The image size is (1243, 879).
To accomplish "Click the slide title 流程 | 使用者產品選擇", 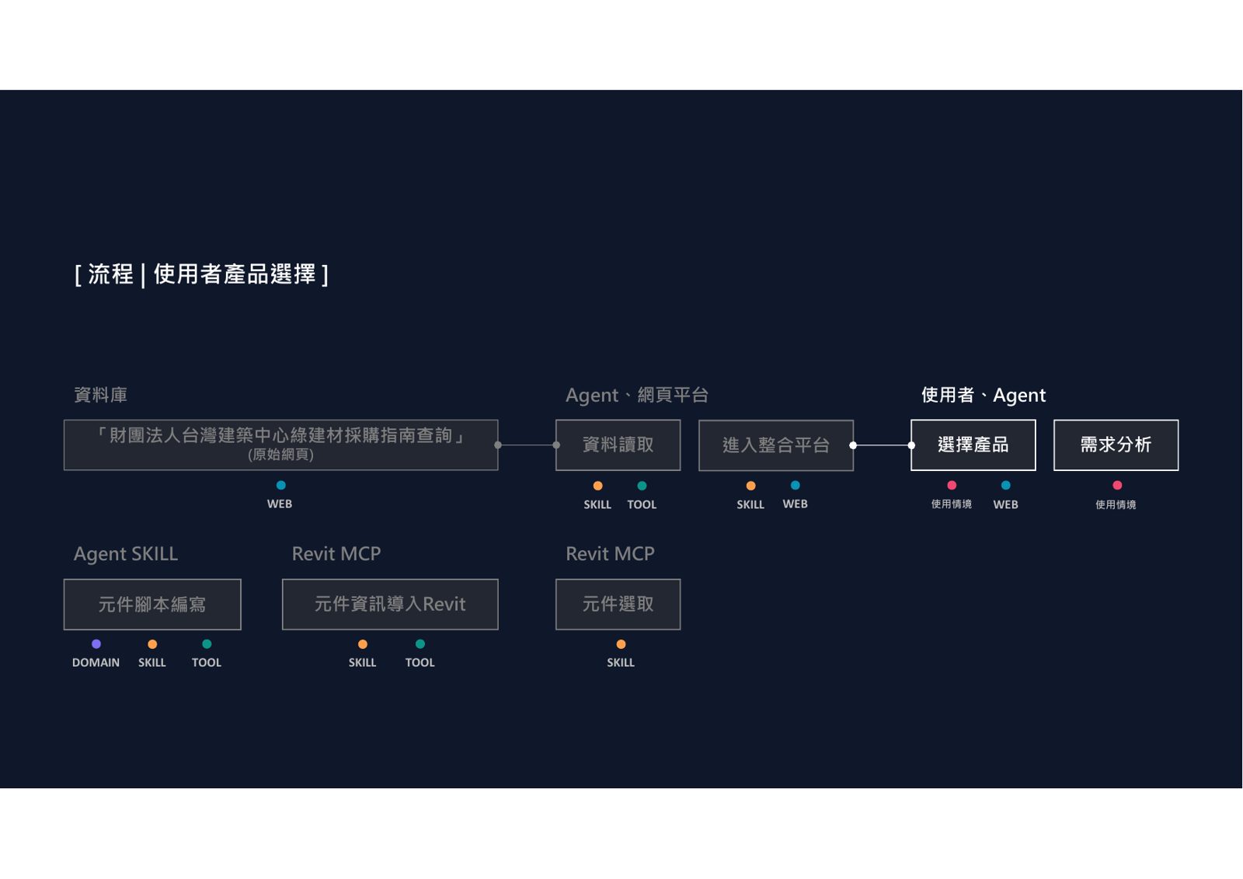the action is click(x=201, y=274).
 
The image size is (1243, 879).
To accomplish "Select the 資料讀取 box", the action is click(x=618, y=445).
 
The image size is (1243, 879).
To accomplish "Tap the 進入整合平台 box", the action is click(x=776, y=445).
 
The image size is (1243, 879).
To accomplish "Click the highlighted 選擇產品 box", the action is click(x=973, y=445).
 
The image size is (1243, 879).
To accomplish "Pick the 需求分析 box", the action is click(x=1116, y=445).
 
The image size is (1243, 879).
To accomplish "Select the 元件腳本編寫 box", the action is click(x=152, y=604).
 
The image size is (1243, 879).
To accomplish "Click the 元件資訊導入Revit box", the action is click(x=390, y=604).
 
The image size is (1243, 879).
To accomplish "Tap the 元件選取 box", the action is click(x=618, y=604).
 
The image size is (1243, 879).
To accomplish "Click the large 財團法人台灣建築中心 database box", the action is click(x=280, y=445).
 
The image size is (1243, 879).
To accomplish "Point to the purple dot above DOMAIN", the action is click(x=96, y=644).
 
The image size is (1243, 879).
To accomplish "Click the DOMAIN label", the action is click(x=96, y=662).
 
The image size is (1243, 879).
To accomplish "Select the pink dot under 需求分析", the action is click(x=1118, y=485).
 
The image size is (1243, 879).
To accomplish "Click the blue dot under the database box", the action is click(x=280, y=485).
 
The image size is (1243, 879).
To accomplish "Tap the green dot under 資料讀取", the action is click(x=642, y=486).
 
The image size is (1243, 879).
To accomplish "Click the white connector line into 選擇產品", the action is click(x=883, y=445).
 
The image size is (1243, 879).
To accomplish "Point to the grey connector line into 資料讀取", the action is click(x=527, y=445).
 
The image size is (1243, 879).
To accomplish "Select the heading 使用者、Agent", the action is click(x=984, y=396).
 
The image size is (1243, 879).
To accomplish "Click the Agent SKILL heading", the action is click(x=126, y=554).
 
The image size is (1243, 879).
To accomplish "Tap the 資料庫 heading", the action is click(x=100, y=396).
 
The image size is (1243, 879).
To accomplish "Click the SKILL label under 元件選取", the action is click(x=621, y=662).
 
